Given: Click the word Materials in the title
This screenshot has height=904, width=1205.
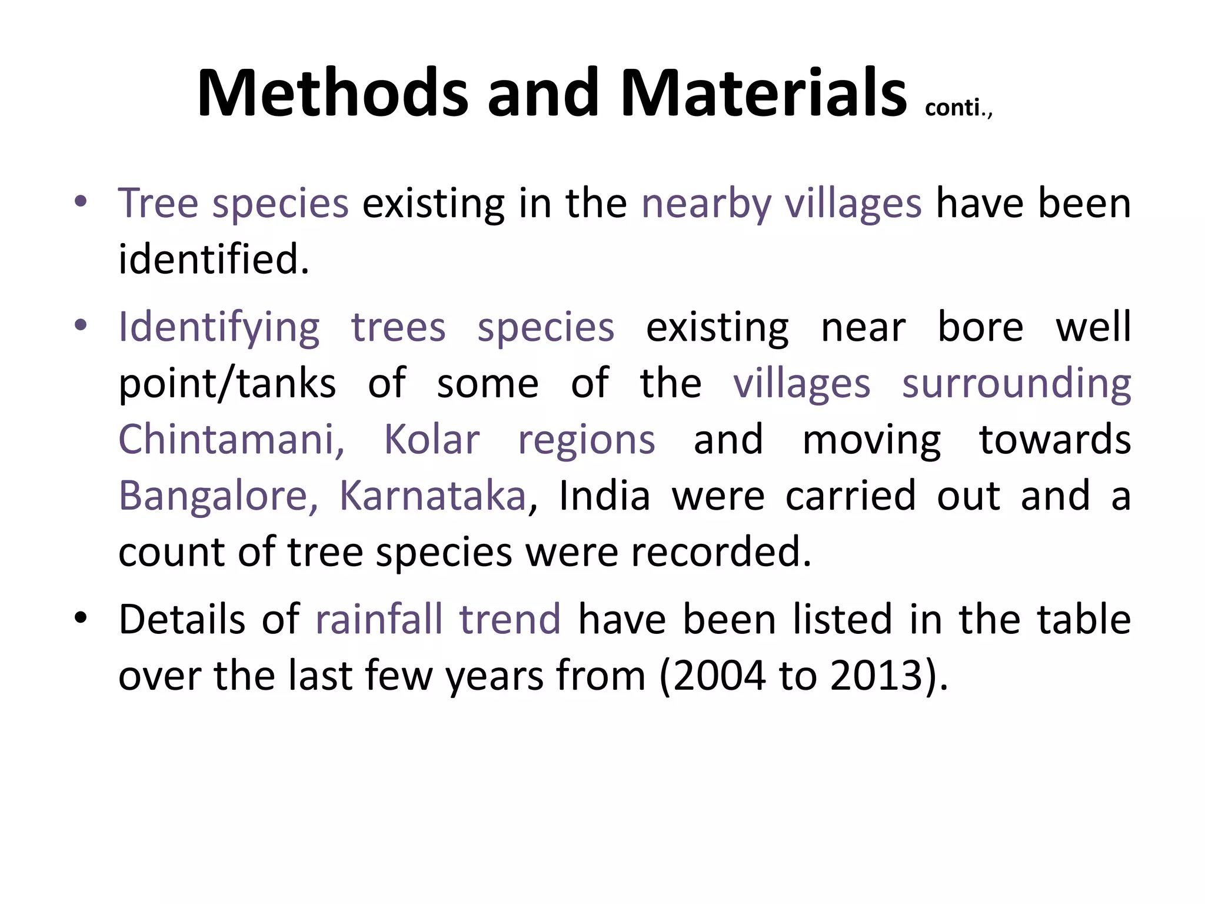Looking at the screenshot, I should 763,93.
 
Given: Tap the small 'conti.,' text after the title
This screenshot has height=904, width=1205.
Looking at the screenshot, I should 958,108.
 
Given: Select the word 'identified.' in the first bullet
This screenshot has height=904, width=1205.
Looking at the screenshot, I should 214,260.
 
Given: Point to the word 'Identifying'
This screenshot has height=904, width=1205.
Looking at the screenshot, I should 219,328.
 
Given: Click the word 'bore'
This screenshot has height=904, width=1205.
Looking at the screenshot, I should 980,327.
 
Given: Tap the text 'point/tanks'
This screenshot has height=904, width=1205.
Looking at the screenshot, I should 227,384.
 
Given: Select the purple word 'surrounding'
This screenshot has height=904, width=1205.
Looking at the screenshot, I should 1016,384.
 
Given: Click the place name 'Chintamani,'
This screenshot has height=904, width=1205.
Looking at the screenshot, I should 231,440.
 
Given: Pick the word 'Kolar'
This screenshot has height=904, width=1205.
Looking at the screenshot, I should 432,440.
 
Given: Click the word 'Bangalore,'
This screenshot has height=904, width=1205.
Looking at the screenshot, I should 218,496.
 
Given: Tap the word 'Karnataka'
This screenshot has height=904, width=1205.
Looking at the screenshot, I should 432,496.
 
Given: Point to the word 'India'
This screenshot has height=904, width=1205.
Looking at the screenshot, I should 604,496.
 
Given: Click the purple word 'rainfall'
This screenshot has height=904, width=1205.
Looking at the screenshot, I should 380,619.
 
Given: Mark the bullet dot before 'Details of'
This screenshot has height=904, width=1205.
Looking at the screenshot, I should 81,618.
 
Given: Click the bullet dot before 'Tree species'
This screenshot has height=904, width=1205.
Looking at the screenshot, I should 81,202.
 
